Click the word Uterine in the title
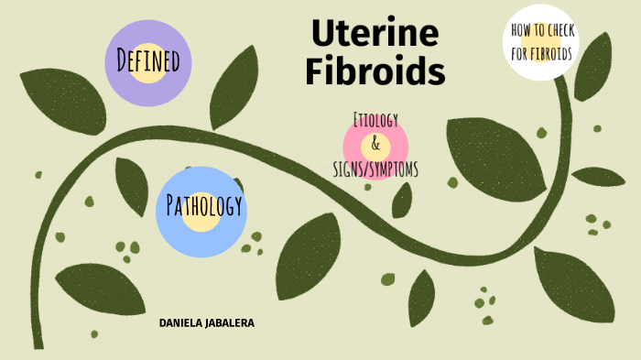[375, 33]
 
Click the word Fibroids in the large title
[375, 70]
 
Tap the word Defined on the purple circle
[147, 62]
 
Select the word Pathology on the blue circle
[203, 206]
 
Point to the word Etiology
[375, 120]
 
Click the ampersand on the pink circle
[375, 145]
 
